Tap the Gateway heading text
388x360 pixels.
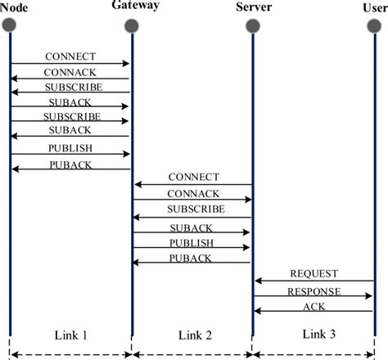[133, 7]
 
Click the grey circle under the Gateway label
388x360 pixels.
[132, 25]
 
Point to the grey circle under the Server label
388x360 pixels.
[253, 25]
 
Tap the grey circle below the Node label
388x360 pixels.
[11, 25]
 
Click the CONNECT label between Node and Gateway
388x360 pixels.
[71, 56]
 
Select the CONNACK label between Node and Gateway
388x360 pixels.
[71, 72]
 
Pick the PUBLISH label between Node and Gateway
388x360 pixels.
[71, 148]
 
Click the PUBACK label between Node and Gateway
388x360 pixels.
[71, 164]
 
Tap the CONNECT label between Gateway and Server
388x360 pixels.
[193, 178]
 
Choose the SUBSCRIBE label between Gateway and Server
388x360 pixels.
[193, 209]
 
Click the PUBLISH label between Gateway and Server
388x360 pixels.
[192, 243]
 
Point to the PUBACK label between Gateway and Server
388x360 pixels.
[192, 258]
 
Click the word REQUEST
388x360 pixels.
[314, 273]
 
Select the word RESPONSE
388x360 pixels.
[314, 290]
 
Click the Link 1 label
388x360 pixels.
[70, 336]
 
